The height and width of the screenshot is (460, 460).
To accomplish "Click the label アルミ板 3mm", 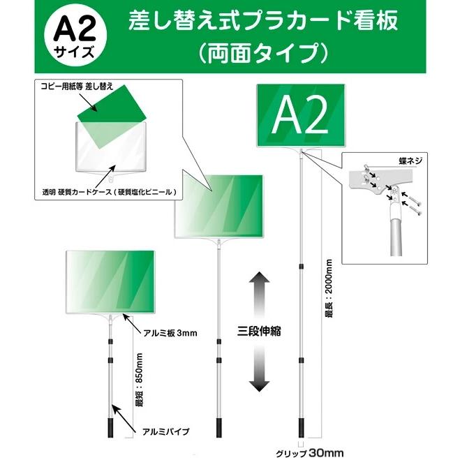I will (x=166, y=333).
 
